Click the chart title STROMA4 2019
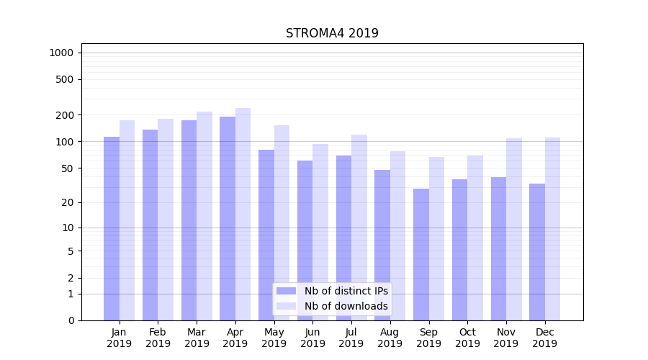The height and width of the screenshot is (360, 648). click(332, 33)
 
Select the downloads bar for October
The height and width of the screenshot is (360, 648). click(475, 238)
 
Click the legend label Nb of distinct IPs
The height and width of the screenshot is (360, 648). click(346, 291)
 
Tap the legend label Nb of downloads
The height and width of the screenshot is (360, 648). click(346, 306)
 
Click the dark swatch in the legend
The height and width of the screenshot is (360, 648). click(287, 291)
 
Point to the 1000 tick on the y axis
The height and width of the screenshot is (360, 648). click(61, 53)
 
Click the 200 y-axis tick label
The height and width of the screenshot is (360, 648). click(65, 115)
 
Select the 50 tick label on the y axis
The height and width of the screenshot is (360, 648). click(68, 168)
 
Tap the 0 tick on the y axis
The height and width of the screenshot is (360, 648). click(71, 320)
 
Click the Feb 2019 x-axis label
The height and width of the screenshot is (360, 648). click(158, 338)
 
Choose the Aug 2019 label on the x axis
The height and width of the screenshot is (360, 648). click(390, 338)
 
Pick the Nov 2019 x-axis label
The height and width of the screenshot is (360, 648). click(506, 338)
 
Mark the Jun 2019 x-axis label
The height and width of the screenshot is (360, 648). click(312, 338)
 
